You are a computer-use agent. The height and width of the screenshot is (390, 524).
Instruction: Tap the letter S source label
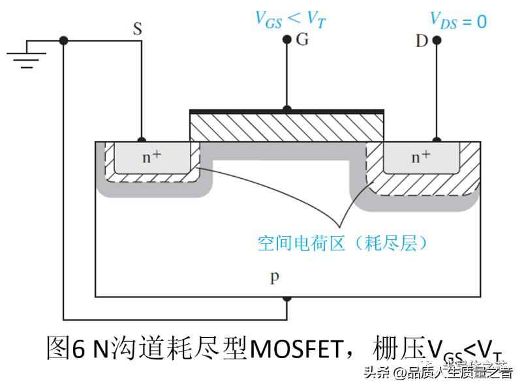click(138, 28)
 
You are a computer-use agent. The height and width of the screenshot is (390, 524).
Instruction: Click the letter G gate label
click(302, 40)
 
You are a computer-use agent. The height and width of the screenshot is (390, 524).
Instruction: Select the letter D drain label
click(422, 41)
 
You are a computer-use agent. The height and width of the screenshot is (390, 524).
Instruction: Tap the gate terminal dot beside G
click(286, 40)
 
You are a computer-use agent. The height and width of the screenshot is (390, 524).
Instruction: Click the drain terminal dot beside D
click(437, 40)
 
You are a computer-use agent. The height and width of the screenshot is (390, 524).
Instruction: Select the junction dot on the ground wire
click(63, 40)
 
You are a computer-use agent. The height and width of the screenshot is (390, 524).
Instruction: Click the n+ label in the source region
click(152, 157)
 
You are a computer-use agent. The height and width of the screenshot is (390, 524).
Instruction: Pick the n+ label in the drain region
click(420, 157)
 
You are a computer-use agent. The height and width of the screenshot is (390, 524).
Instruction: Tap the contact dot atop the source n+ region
click(142, 140)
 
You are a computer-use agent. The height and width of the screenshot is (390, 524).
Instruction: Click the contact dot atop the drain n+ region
click(437, 140)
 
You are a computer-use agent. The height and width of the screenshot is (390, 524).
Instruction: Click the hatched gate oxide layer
click(285, 127)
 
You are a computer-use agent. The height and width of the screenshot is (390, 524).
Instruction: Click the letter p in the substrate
click(275, 278)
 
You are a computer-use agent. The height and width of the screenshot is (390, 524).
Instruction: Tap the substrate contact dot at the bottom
click(286, 299)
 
